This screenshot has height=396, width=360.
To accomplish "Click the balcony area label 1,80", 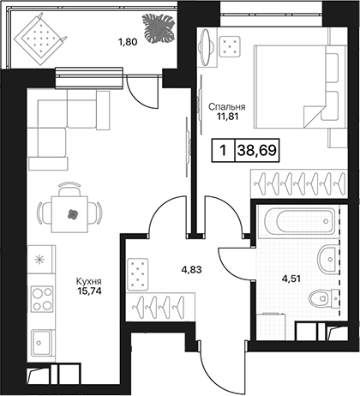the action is click(128, 42).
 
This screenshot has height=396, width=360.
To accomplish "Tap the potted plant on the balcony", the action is click(159, 29).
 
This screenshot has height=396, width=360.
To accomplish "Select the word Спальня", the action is click(226, 107).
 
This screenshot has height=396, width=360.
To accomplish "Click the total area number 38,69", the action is click(257, 150).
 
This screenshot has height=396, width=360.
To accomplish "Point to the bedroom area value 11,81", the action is click(227, 117).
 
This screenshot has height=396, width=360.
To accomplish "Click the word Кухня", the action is click(88, 281).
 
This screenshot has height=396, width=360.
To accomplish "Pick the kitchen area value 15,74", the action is click(89, 291).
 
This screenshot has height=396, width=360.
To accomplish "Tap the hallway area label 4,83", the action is click(192, 269).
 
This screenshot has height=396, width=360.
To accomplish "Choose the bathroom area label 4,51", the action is click(291, 279).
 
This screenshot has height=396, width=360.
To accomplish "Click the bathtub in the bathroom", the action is click(299, 221).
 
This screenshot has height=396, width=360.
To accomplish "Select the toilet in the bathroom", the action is click(323, 298).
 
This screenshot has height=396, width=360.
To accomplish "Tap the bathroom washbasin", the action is click(328, 259).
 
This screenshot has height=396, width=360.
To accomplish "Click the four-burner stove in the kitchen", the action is click(42, 299).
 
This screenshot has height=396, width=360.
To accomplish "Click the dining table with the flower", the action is click(69, 214).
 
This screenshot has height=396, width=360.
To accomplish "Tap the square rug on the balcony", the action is click(39, 39).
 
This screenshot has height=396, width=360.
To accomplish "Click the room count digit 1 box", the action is click(223, 150).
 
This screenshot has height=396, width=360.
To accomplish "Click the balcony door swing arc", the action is click(140, 97).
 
